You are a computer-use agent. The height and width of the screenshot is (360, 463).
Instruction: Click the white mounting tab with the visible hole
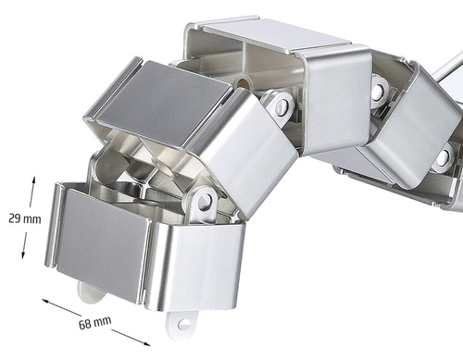181,324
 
